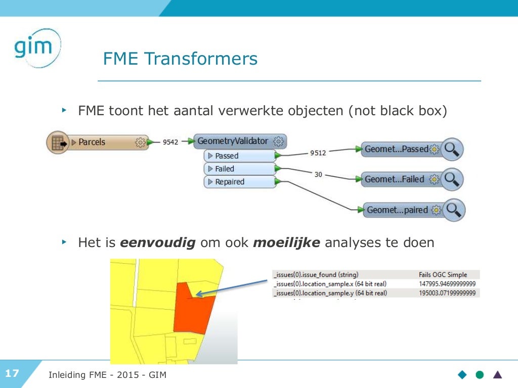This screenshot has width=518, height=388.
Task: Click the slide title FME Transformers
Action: pyautogui.click(x=180, y=59)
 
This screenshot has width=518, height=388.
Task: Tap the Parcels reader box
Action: pyautogui.click(x=96, y=142)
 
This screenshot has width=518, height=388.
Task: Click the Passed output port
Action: pyautogui.click(x=238, y=156)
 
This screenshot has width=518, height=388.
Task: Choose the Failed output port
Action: pyautogui.click(x=238, y=169)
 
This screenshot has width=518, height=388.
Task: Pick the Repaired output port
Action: pyautogui.click(x=238, y=182)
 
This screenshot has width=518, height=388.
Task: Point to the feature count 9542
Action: pyautogui.click(x=170, y=142)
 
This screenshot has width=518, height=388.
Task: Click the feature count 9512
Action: pyautogui.click(x=318, y=153)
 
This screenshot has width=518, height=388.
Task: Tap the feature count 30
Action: pyautogui.click(x=318, y=174)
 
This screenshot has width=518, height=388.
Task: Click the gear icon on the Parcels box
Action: pyautogui.click(x=140, y=142)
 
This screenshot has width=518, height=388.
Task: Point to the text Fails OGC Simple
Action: pyautogui.click(x=443, y=274)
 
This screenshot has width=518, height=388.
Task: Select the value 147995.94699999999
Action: pyautogui.click(x=448, y=283)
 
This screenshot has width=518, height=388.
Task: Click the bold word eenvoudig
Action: pyautogui.click(x=158, y=243)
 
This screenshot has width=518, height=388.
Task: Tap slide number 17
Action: pyautogui.click(x=12, y=374)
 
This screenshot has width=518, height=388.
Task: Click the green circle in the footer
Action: pyautogui.click(x=480, y=374)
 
